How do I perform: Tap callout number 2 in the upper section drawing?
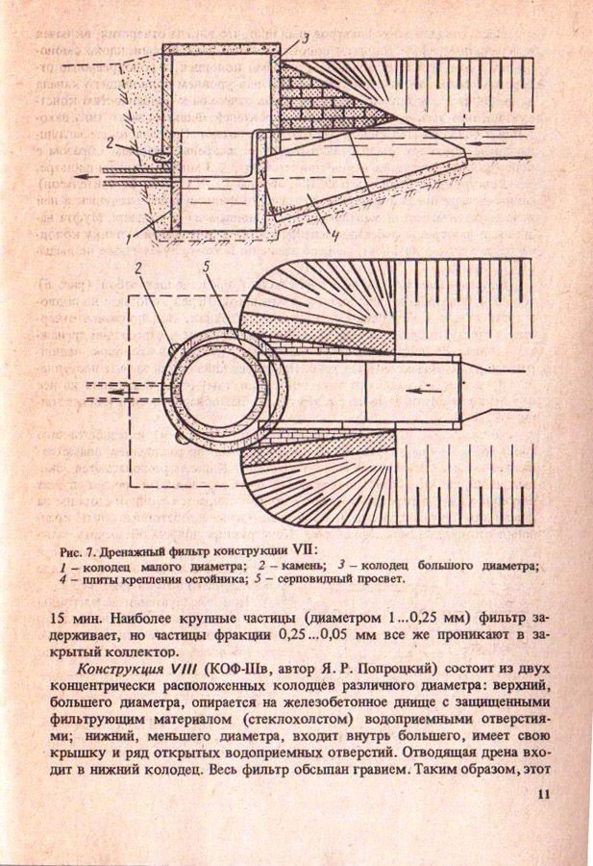pos(111,142)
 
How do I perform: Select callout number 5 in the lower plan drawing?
pos(209,266)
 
